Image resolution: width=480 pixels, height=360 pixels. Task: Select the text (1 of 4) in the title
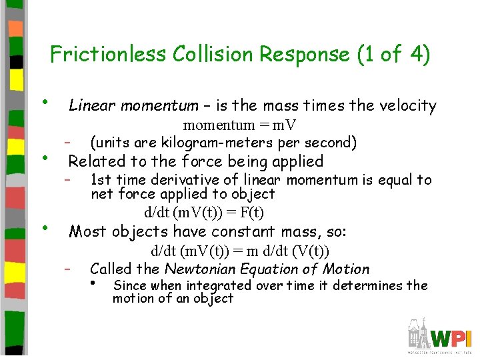pyautogui.click(x=387, y=54)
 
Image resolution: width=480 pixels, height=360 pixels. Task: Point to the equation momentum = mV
pyautogui.click(x=240, y=125)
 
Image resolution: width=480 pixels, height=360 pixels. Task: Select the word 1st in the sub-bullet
pyautogui.click(x=101, y=180)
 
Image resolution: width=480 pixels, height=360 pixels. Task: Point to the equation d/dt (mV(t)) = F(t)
pyautogui.click(x=204, y=213)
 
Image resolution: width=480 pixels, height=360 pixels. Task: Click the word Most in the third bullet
pyautogui.click(x=87, y=232)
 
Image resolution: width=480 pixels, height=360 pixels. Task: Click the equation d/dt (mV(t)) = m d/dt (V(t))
pyautogui.click(x=240, y=251)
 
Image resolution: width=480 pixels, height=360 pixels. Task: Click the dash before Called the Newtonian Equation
pyautogui.click(x=68, y=269)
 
